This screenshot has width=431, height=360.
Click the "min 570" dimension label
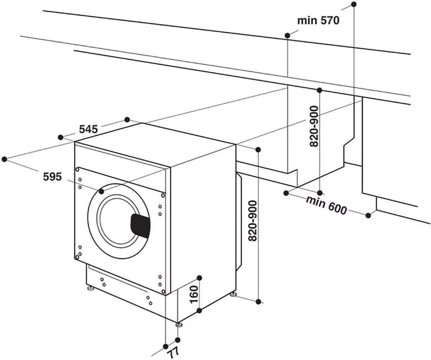pos(318,21)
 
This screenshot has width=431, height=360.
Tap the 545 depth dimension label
pos(89,129)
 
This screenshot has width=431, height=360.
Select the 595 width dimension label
pos(52,177)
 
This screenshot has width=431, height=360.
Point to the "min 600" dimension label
pos(327,204)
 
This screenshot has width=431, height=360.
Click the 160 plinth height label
pos(194,295)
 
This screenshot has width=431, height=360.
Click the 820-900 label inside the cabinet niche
pos(314,126)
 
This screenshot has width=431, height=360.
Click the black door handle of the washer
pos(141,225)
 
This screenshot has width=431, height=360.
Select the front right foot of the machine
pos(178,324)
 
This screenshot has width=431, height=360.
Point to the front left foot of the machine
pos(90,289)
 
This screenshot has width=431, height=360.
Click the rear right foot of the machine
pos(234,295)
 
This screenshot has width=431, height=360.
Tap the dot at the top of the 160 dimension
pos(199,278)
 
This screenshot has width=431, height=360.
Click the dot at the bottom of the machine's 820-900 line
pos(258,301)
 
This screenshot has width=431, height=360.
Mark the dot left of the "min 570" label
pos(288,35)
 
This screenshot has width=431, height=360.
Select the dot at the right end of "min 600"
pos(368,215)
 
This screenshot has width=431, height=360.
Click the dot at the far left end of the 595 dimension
pos(4,159)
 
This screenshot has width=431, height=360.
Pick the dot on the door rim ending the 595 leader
pos(102,191)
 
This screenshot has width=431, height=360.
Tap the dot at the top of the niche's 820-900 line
pos(319,90)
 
